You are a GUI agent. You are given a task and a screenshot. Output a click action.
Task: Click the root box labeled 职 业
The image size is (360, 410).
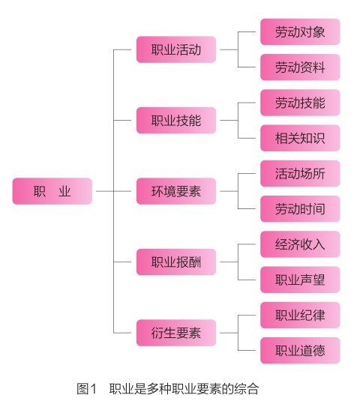pos(52,191)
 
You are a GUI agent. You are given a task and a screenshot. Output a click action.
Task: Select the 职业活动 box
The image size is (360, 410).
pos(176,49)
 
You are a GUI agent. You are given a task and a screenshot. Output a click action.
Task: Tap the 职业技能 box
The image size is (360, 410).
pos(176,120)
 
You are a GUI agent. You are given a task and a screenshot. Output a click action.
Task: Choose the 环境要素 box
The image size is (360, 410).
pos(176,191)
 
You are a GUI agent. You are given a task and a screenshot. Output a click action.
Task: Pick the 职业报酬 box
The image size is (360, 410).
pos(176,262)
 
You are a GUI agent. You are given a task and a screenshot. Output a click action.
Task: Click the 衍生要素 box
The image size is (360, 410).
pos(176,333)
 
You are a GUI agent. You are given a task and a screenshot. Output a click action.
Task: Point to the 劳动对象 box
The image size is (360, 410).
pos(300,31)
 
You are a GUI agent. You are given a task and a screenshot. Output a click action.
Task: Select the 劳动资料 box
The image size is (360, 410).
pos(300,67)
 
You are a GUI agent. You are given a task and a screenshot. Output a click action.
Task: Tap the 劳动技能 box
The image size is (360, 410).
pos(300,103)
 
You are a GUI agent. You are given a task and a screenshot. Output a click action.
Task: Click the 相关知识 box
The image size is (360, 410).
pos(300,138)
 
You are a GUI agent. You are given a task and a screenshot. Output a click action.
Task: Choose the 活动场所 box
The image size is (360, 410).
pos(300,173)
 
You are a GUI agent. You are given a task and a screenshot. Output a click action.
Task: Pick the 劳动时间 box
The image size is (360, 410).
pos(300,209)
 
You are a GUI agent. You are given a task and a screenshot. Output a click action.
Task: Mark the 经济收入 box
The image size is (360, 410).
pos(300,244)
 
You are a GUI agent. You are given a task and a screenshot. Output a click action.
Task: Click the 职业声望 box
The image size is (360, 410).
pos(300,280)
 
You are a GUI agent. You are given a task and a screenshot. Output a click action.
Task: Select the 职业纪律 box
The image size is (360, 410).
pos(300,315)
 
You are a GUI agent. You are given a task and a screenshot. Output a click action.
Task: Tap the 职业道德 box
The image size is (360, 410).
pos(300,351)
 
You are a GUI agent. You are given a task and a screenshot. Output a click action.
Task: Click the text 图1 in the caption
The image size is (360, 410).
pos(86,388)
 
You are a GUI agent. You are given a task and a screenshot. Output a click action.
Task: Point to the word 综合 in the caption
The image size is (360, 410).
pos(247,388)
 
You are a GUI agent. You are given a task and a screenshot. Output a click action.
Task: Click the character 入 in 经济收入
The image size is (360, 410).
pos(319,244)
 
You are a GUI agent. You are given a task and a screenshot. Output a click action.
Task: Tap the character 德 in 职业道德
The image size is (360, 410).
pos(319,351)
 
